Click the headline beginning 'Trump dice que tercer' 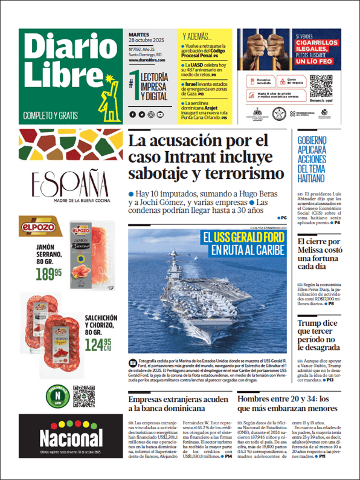coord(321,336)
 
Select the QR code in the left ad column coord(85,395)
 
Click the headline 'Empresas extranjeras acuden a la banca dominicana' coord(178,403)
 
